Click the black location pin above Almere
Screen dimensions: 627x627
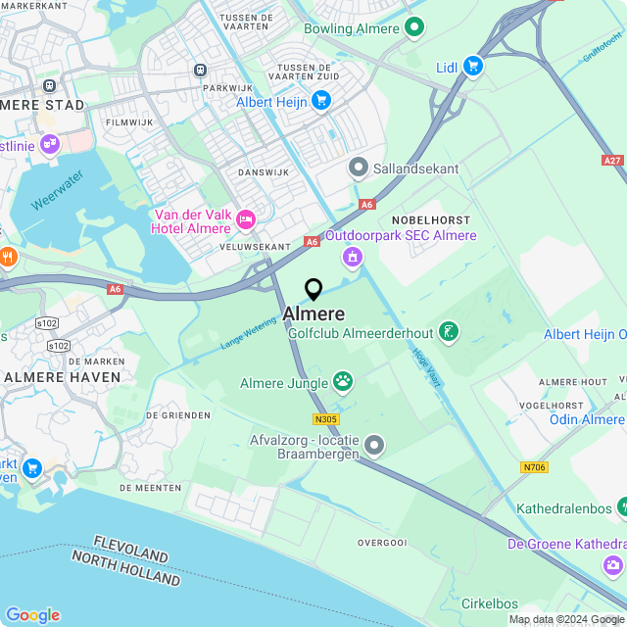point(313,289)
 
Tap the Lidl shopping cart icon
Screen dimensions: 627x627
point(473,66)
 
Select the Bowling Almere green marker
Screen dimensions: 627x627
point(414,28)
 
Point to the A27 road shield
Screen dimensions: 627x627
point(612,159)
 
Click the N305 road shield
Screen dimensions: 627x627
point(326,419)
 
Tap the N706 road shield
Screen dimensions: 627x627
point(534,467)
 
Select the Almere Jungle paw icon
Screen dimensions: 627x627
point(343,380)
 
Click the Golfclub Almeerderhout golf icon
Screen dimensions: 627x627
point(448,332)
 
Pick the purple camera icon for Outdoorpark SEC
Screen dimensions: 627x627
point(352,257)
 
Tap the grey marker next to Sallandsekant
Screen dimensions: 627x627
point(359,169)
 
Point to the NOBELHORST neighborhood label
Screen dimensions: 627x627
point(430,219)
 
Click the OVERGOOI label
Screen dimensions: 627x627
point(382,542)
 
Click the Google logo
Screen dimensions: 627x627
point(32,614)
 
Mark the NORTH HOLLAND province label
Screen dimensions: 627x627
point(125,568)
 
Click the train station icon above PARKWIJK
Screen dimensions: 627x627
point(201,70)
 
